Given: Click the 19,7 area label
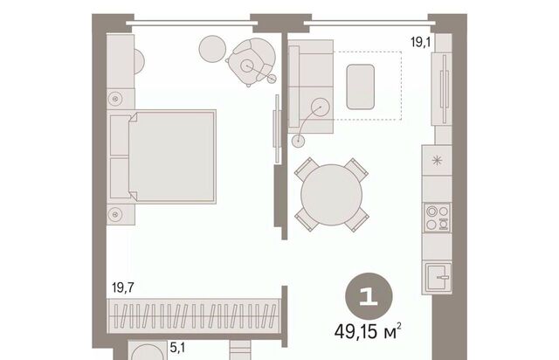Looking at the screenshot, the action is coord(123,287).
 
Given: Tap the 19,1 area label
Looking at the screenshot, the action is coord(421,43).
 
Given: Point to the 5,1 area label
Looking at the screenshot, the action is coord(177,348).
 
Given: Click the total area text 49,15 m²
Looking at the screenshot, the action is coord(368,331).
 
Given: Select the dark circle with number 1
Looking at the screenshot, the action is coord(369,297).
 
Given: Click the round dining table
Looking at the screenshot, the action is coord(332,195).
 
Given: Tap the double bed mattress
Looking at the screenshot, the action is coord(172,156).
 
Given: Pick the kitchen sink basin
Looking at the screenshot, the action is coord(438,278).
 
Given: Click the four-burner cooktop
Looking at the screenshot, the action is coord(437,218).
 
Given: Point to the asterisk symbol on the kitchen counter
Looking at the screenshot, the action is coord(437,161).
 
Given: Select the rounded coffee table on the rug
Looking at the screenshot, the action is coord(361,87).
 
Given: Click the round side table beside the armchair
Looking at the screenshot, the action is coord(212,49).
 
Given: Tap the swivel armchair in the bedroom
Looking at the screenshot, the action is coord(251,61).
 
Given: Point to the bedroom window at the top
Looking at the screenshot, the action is coord(192,24).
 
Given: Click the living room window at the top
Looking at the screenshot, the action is coord(369,24).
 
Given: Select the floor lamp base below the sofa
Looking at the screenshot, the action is coord(298,141).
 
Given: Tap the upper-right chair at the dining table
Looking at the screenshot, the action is coord(355,170).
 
